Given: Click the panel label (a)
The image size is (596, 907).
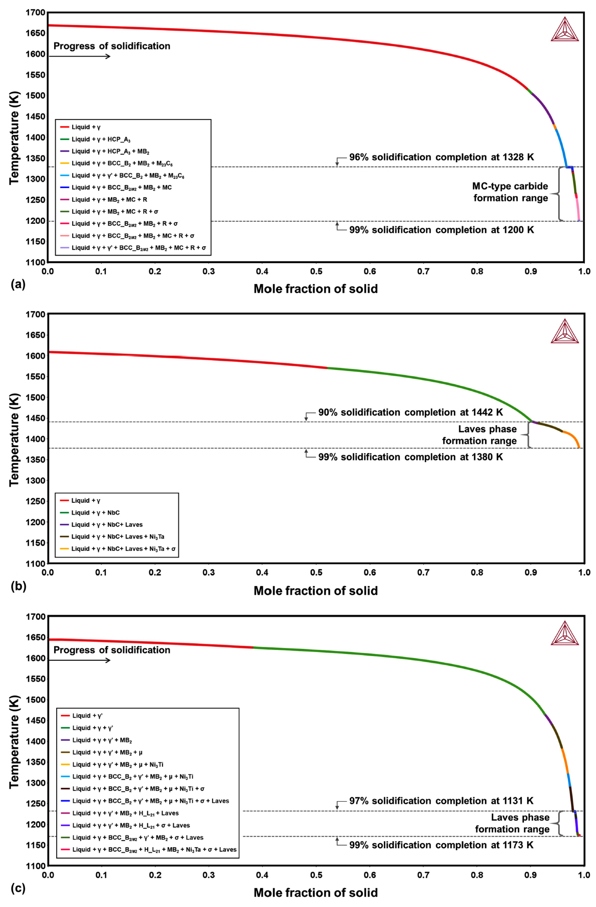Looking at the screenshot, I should pos(18,284).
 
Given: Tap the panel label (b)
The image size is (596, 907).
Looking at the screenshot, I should pos(18,586).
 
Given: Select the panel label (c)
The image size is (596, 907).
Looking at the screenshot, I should pos(18,888).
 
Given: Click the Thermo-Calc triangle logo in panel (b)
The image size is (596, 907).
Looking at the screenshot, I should pos(564,332).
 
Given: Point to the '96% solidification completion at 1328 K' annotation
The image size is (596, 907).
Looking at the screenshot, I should pos(441,157).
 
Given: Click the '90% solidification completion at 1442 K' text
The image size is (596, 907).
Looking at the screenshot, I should pos(410,412).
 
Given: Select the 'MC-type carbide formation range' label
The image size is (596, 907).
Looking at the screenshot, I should pos(510,192).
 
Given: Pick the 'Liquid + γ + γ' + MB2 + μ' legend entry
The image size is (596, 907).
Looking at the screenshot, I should pos(107,752).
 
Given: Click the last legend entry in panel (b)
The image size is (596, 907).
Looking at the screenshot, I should pos(123,549).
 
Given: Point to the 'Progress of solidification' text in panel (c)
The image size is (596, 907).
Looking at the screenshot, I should pos(112,650).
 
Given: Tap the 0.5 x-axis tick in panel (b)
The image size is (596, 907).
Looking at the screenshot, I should pos(316,573).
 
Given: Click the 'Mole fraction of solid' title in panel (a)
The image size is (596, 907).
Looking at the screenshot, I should pos(315,289).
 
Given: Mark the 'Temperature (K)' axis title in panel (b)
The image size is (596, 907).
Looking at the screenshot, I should pos(14,439).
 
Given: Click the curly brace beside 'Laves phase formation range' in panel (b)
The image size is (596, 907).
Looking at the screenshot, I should pos(530,435).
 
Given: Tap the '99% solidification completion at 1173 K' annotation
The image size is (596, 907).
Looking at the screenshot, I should pos(441,845).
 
